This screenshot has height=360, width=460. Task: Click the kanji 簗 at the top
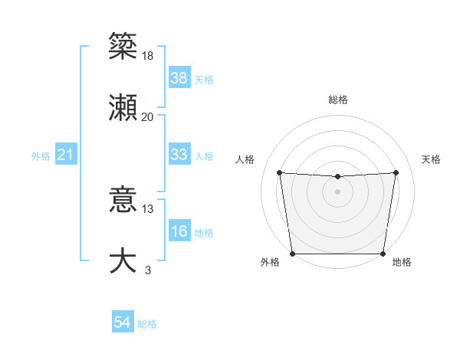tap(123, 46)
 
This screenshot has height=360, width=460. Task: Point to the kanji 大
tap(123, 260)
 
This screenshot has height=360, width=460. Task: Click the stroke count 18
tap(148, 56)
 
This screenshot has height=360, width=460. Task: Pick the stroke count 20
tap(148, 116)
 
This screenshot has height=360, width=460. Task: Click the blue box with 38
tap(179, 77)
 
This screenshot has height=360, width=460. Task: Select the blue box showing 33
tap(179, 155)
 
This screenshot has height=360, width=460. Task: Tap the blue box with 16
tap(179, 231)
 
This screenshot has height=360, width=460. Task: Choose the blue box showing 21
tap(65, 155)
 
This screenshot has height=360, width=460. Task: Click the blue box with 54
tap(122, 323)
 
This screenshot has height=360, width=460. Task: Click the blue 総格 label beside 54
tap(147, 324)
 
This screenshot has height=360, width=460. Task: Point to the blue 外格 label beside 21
tap(41, 156)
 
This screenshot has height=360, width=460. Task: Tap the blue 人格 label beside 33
tap(204, 155)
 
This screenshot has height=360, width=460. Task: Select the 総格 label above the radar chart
tap(338, 100)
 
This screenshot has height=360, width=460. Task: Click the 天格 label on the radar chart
tap(431, 159)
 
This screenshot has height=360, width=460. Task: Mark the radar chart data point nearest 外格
tap(292, 254)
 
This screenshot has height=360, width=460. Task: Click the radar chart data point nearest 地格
tap(383, 254)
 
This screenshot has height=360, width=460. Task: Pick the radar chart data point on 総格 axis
tap(338, 177)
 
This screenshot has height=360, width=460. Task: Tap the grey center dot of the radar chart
tap(338, 191)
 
